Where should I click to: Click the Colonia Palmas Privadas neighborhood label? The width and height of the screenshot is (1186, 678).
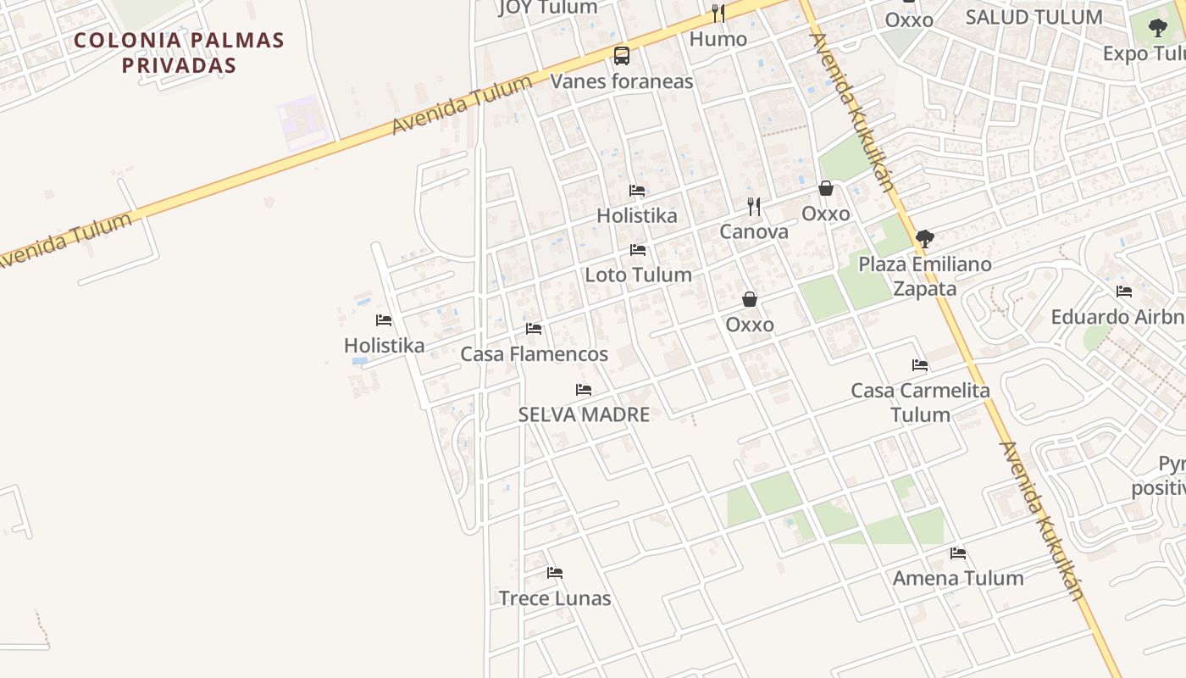[179, 53]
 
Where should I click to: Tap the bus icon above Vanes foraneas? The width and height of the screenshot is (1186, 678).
[622, 56]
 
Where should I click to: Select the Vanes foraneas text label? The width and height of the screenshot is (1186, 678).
[622, 81]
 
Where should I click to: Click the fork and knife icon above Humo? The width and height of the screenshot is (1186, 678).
[718, 13]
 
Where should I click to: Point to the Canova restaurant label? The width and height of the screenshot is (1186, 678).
[754, 231]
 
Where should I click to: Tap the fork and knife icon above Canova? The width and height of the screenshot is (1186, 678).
[754, 206]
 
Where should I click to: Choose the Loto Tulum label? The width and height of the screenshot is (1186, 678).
[638, 275]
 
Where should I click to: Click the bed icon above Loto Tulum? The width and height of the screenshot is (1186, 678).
[638, 250]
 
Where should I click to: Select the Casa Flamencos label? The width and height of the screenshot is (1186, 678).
[534, 354]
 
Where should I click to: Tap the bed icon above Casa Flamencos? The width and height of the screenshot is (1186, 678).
[534, 329]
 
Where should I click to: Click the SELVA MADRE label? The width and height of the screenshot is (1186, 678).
[584, 414]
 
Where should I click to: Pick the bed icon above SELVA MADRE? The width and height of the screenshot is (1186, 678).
[584, 390]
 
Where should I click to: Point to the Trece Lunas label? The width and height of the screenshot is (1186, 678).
[555, 598]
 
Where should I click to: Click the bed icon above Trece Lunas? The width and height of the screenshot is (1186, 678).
[555, 573]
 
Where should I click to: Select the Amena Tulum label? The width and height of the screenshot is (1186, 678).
[958, 578]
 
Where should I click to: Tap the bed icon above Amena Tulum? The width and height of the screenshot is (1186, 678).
[958, 553]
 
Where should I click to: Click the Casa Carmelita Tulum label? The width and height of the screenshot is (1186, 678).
[920, 403]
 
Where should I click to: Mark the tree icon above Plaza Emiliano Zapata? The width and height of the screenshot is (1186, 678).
[925, 239]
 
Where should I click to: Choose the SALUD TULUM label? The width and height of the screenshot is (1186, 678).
[1034, 17]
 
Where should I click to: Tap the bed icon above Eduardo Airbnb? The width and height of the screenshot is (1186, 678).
[1124, 292]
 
